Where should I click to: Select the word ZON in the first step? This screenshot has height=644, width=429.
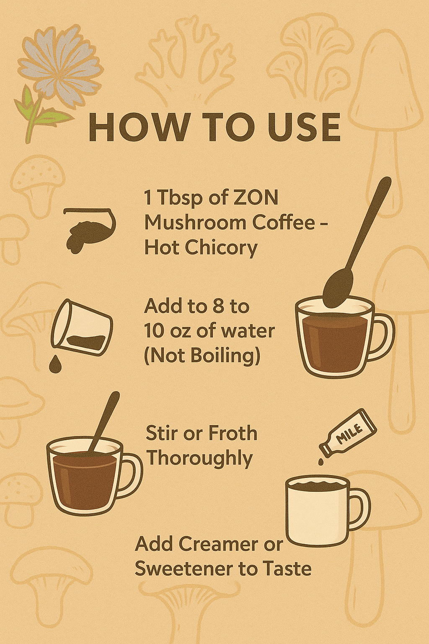pos(256,197)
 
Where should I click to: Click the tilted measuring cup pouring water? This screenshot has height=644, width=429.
pos(82,327)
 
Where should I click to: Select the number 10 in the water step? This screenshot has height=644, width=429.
pos(154,331)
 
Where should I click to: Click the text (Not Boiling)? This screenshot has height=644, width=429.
pos(202,356)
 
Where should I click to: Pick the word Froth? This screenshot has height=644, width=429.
pos(233,433)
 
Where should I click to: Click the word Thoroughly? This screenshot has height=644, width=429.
pos(199,458)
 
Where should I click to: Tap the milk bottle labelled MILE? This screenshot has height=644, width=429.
pos(348,434)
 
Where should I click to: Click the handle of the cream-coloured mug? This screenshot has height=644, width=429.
pos(359,509)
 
